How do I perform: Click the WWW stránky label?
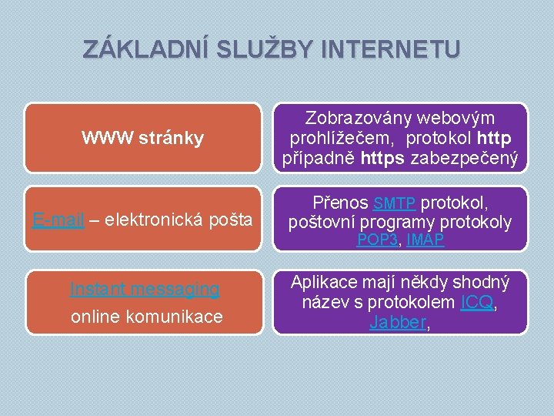(143, 138)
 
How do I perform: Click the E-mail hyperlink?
(58, 220)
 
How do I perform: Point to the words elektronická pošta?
(179, 220)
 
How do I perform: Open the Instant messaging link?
(145, 289)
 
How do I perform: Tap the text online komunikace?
(146, 316)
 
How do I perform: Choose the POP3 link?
(376, 240)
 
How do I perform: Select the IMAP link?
(426, 240)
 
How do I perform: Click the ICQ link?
(476, 303)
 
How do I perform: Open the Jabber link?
(397, 323)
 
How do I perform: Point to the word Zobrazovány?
(359, 118)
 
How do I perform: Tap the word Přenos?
(341, 203)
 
